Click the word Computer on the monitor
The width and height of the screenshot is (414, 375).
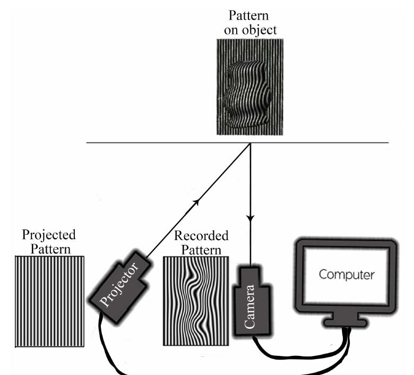[347, 275]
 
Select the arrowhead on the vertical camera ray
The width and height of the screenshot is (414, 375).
[251, 218]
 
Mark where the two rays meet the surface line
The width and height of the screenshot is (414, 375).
[251, 143]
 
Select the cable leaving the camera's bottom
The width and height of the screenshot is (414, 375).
[260, 345]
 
